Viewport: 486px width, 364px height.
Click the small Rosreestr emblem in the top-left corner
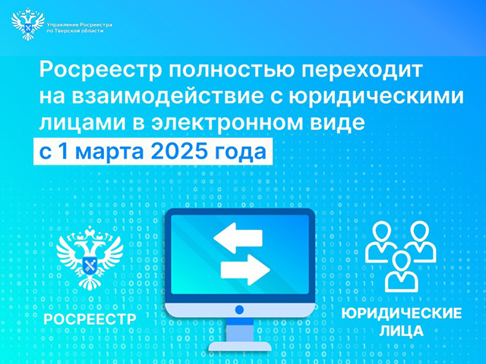(x=28, y=25)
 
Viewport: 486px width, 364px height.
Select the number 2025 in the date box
(x=186, y=150)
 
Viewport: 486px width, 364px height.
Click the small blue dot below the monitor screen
(x=240, y=309)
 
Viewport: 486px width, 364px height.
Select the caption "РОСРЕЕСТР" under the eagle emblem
(x=90, y=318)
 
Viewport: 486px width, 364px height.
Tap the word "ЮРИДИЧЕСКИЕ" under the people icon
(x=402, y=315)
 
